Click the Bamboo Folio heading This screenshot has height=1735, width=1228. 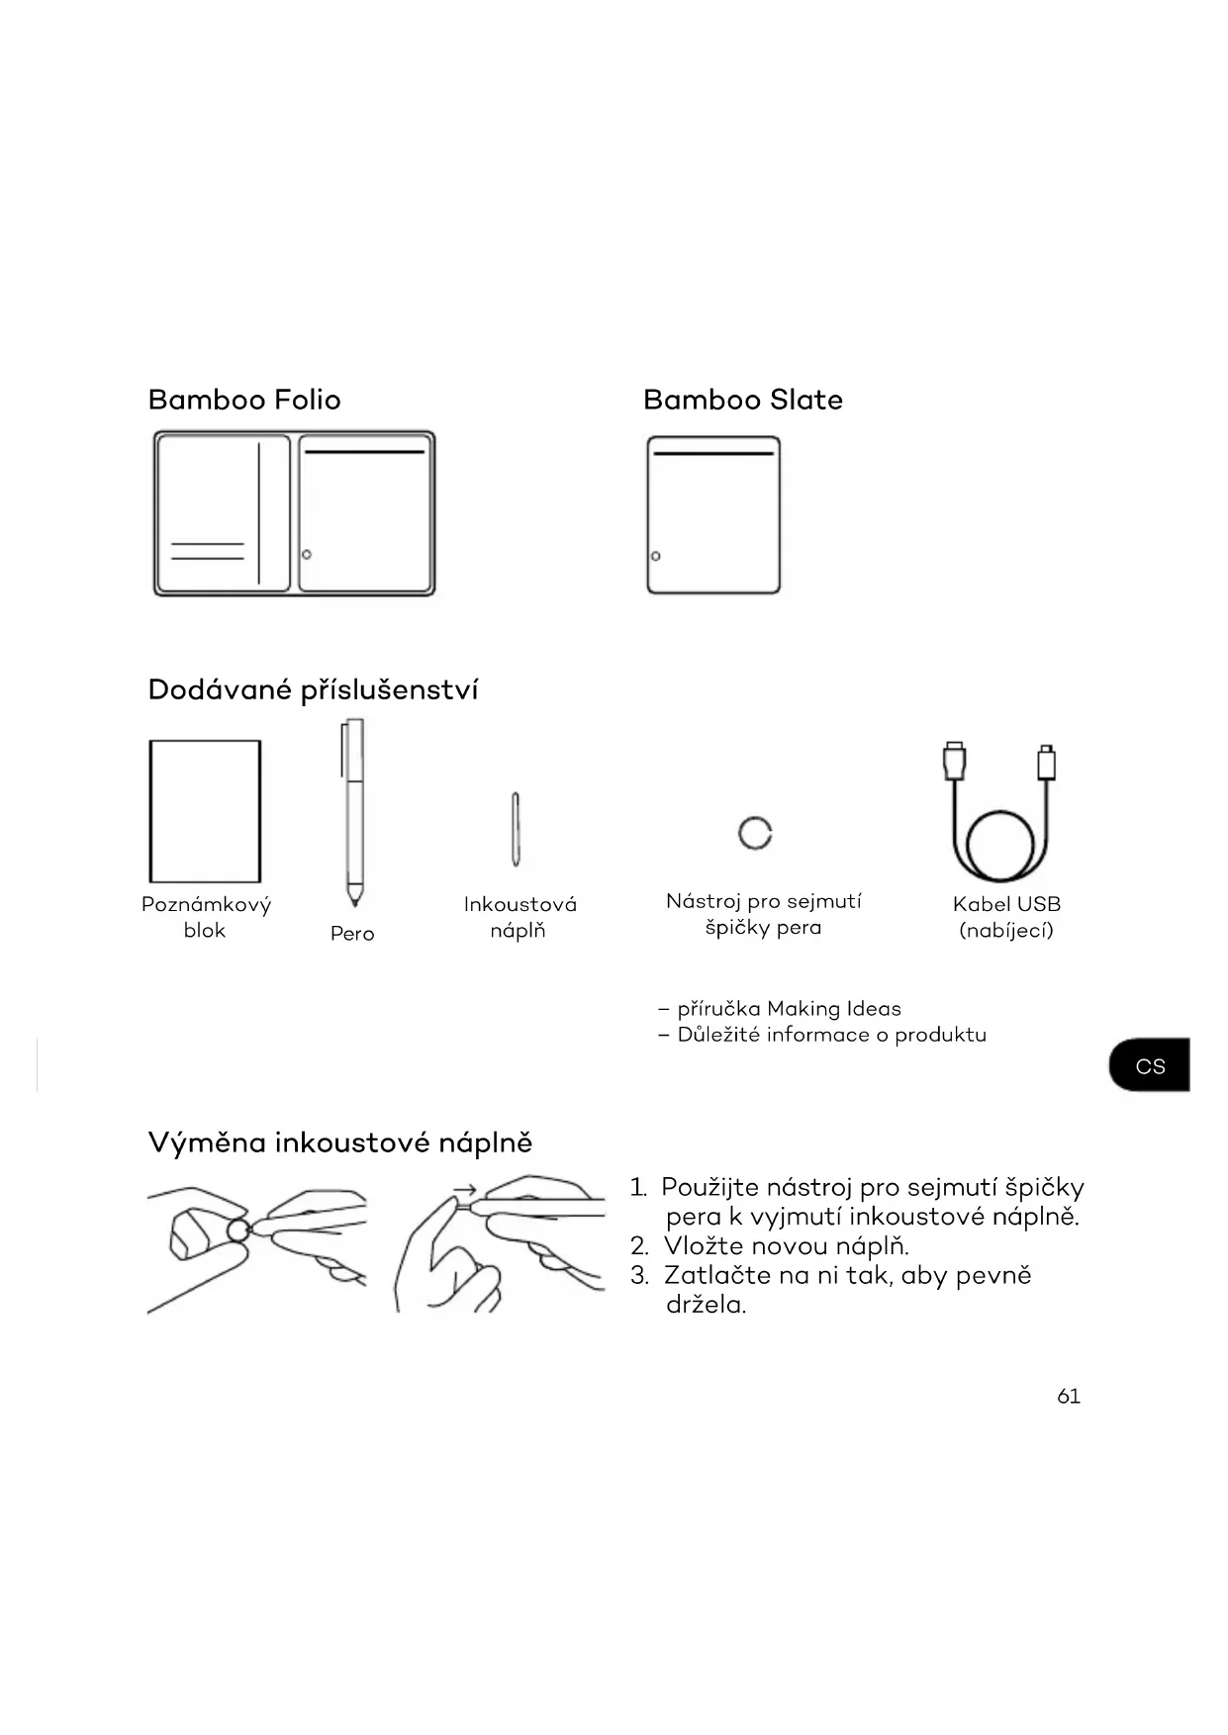coord(244,400)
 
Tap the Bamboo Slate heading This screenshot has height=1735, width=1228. coord(742,400)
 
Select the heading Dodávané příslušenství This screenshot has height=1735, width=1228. coord(313,689)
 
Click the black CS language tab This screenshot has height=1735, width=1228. coord(1150,1065)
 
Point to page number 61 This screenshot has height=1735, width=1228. coord(1069,1396)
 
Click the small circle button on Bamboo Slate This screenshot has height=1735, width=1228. coord(655,556)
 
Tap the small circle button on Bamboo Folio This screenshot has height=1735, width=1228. coord(307,554)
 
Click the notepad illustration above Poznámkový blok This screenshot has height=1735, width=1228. coord(205,810)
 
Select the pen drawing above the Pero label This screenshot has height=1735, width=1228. coord(353,811)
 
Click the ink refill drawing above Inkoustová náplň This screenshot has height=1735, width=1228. coord(516,829)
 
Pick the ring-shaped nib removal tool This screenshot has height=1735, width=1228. coord(755,833)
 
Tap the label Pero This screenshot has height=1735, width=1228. coord(352,934)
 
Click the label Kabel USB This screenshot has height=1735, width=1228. coord(1006,904)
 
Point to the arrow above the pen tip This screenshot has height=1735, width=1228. coord(465,1190)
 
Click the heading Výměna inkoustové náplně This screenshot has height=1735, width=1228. coord(340,1142)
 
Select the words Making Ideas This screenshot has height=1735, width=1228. coord(834,1009)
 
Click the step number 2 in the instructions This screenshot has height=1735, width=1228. coord(639,1246)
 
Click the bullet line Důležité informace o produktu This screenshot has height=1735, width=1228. coord(831,1035)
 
